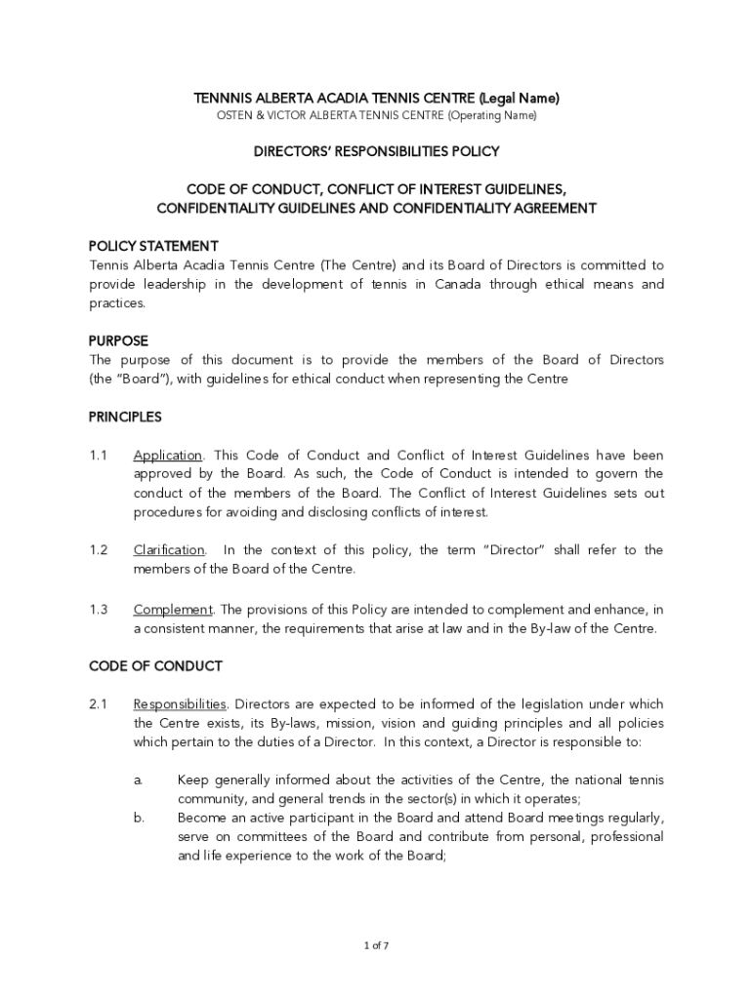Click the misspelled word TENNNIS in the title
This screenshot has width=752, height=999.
pyautogui.click(x=223, y=99)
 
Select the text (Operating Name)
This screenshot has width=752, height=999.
pyautogui.click(x=492, y=116)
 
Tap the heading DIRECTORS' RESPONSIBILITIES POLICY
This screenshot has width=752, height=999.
pyautogui.click(x=376, y=151)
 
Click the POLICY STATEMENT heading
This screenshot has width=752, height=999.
pyautogui.click(x=153, y=245)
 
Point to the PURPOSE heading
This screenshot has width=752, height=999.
pyautogui.click(x=118, y=340)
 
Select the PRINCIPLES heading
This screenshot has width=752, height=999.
pyautogui.click(x=125, y=417)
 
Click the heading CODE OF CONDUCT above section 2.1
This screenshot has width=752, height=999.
pyautogui.click(x=155, y=666)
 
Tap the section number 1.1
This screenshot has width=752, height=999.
pyautogui.click(x=98, y=456)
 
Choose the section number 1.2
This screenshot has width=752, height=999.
pyautogui.click(x=98, y=550)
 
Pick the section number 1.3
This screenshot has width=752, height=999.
pyautogui.click(x=98, y=610)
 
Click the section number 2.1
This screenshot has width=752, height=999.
pyautogui.click(x=98, y=704)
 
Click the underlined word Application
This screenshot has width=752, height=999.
pyautogui.click(x=167, y=456)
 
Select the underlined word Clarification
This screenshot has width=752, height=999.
pyautogui.click(x=169, y=550)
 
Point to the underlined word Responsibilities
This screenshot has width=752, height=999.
pyautogui.click(x=181, y=704)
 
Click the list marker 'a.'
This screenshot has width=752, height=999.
pyautogui.click(x=139, y=779)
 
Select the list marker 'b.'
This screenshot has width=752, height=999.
pyautogui.click(x=139, y=818)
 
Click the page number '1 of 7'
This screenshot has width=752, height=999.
pyautogui.click(x=376, y=945)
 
